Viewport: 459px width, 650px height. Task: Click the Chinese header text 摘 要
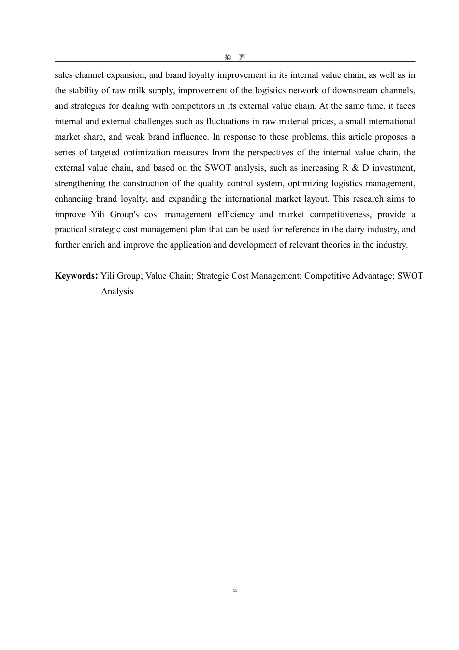[x=235, y=57]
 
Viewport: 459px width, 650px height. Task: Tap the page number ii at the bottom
[x=235, y=590]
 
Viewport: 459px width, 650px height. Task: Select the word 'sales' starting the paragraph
[x=64, y=75]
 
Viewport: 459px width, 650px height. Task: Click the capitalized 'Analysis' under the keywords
[x=117, y=291]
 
